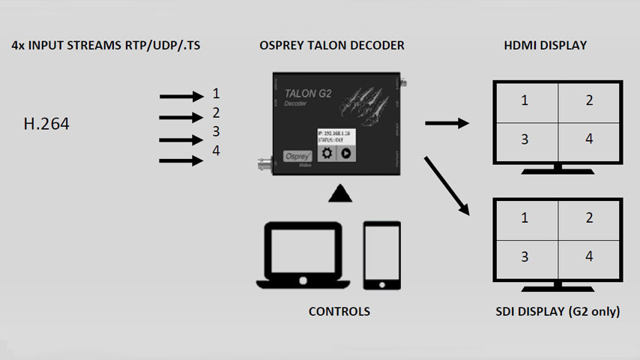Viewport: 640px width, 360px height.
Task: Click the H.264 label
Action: (46, 124)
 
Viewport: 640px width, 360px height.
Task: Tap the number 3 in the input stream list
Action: (216, 132)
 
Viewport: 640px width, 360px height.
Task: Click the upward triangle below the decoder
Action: (339, 195)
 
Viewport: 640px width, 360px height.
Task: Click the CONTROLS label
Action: (339, 311)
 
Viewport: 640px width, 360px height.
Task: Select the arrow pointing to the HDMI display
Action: (446, 122)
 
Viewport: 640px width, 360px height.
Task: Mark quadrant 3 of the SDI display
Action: (525, 256)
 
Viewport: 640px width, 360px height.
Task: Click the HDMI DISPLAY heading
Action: (546, 46)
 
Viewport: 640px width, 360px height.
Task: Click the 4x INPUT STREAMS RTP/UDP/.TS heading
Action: (106, 46)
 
